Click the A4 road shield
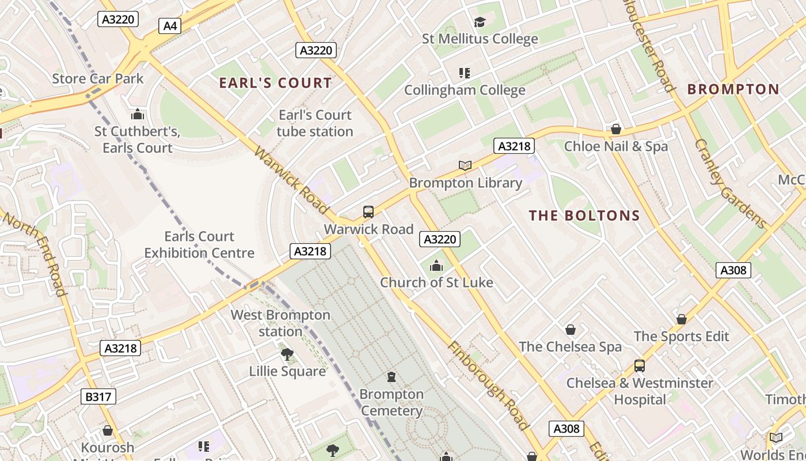[x=170, y=25]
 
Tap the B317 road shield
[x=98, y=396]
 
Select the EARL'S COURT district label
[x=276, y=83]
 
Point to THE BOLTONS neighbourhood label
[x=584, y=216]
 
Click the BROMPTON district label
[x=733, y=89]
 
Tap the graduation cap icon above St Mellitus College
[x=480, y=22]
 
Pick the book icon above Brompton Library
[x=465, y=166]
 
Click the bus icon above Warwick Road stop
[x=368, y=212]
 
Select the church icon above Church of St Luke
[x=436, y=266]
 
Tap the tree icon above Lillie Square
[x=287, y=354]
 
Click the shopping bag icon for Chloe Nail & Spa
[x=616, y=129]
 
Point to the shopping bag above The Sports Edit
[x=682, y=319]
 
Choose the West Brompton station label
[x=280, y=323]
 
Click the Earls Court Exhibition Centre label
[x=199, y=244]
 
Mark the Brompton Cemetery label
[x=391, y=402]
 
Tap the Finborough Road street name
[x=488, y=386]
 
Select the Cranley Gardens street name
[x=731, y=183]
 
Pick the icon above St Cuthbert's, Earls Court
[x=137, y=114]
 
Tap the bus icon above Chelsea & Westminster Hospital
[x=639, y=366]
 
